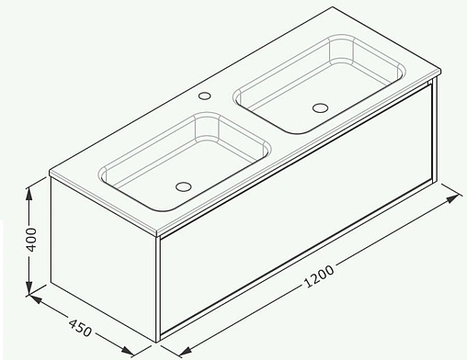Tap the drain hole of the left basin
click(x=181, y=186)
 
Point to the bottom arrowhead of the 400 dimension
click(x=30, y=287)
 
